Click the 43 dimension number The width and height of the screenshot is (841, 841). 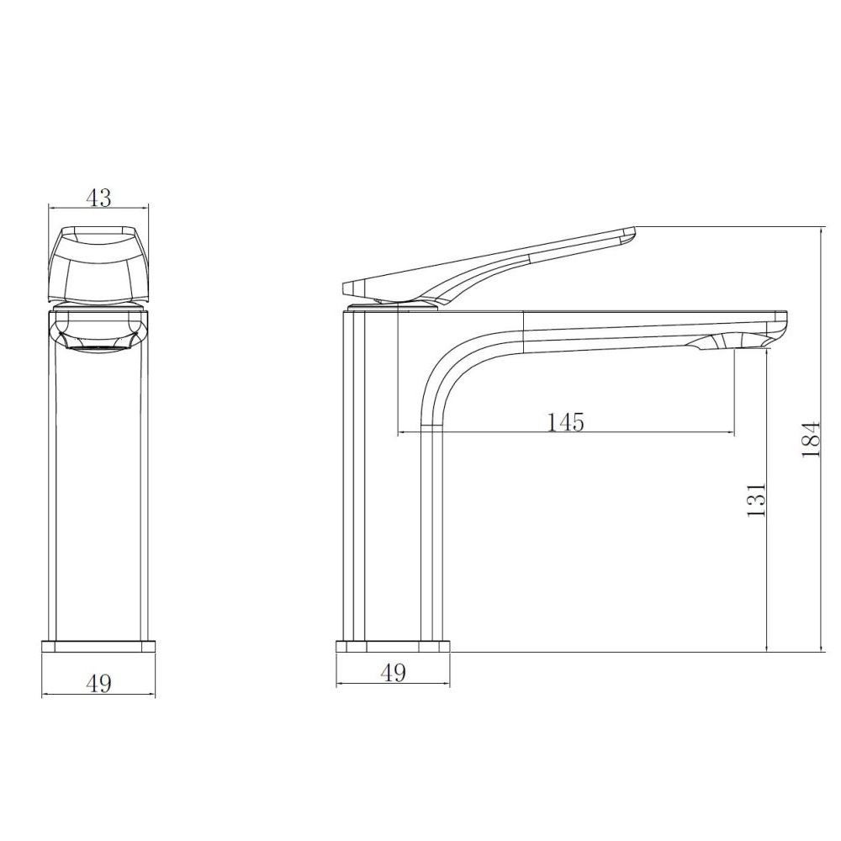click(98, 198)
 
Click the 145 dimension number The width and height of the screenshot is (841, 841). click(565, 422)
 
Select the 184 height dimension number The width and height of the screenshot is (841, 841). click(811, 439)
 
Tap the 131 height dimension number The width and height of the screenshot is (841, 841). click(756, 499)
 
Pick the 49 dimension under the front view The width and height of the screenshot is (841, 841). click(98, 683)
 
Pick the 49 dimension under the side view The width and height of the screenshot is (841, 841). click(393, 673)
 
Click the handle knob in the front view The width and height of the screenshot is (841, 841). click(98, 263)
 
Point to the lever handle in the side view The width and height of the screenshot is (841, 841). click(488, 266)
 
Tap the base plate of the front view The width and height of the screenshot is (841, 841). click(98, 646)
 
